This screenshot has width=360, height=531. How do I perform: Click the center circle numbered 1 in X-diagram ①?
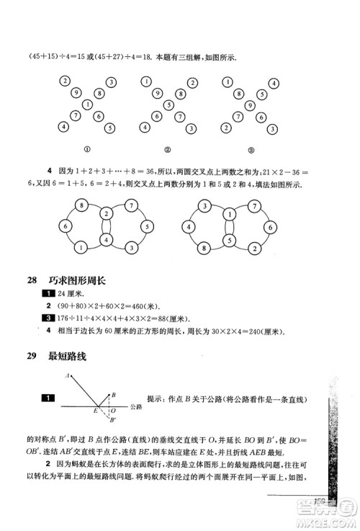pos(87,104)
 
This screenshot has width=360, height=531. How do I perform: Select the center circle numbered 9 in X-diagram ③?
pos(251,104)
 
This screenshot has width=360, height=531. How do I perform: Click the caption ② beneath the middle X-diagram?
pos(167,151)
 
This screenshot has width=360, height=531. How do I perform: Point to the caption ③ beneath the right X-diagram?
pos(251,151)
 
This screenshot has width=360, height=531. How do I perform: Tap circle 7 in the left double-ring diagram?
pos(132,206)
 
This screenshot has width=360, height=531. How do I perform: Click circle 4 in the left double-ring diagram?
pos(106,239)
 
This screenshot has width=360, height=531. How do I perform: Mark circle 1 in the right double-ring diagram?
pos(230,214)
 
